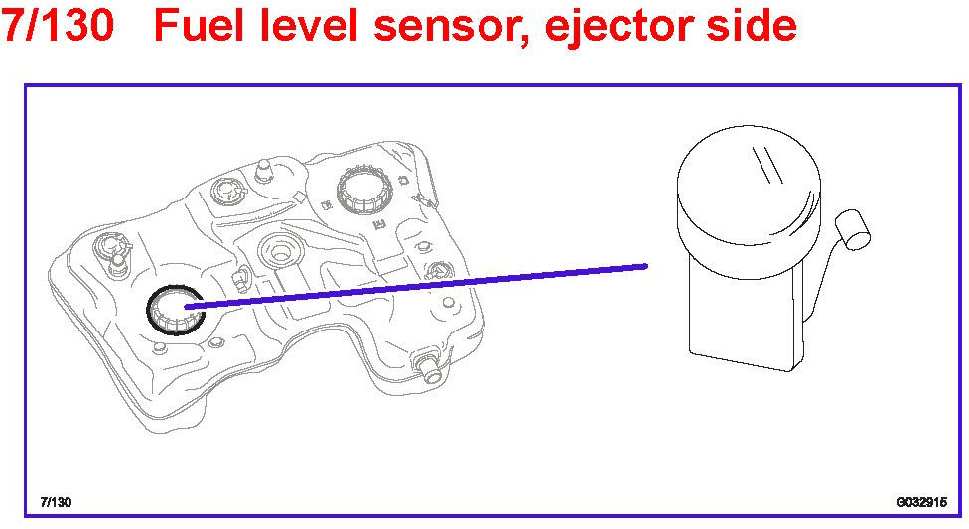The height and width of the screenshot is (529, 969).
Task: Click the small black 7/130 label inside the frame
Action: [56, 501]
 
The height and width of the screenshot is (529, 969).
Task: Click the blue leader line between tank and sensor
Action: [417, 286]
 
